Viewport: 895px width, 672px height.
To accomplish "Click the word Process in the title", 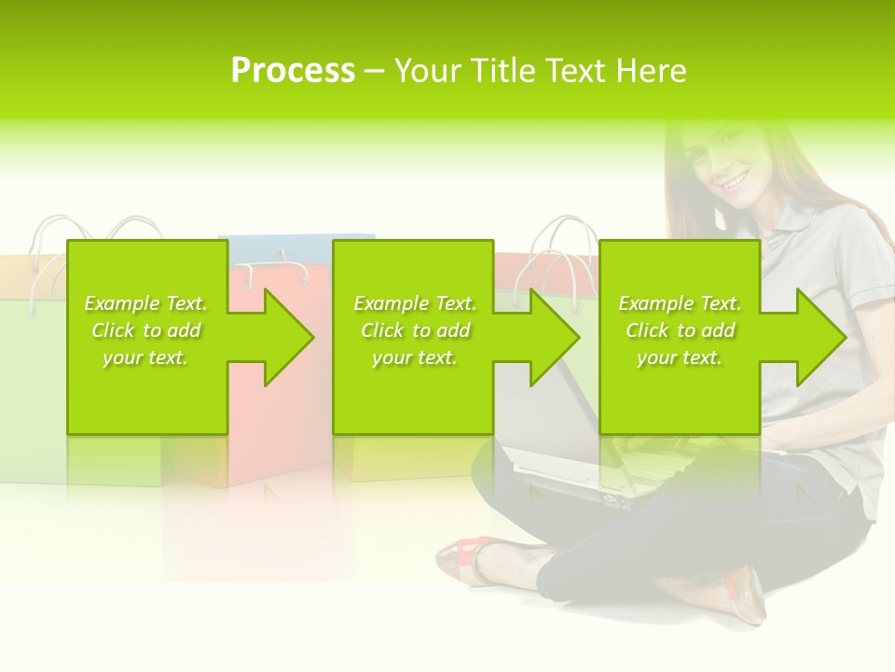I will tap(293, 70).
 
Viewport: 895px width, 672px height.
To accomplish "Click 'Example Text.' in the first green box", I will tap(146, 303).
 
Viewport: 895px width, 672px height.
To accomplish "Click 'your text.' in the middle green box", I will tap(414, 357).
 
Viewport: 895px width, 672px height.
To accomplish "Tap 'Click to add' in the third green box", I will tap(680, 330).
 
